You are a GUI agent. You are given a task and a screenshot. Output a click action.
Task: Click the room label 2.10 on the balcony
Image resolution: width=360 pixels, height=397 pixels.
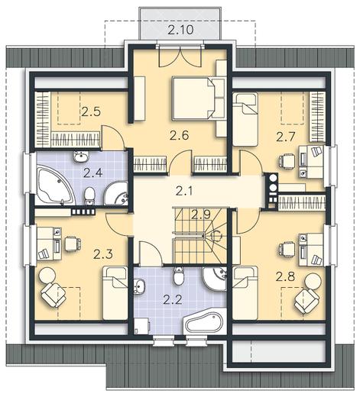point(180,30)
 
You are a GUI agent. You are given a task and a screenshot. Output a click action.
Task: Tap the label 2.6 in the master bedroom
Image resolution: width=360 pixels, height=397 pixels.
point(180,135)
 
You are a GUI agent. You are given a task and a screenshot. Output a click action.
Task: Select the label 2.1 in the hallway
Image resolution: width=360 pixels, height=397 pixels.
point(184,191)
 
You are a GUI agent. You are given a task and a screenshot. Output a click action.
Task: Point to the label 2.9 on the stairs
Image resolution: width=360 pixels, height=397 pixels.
point(201,215)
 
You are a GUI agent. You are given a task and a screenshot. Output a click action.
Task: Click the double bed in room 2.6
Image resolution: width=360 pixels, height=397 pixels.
point(193,98)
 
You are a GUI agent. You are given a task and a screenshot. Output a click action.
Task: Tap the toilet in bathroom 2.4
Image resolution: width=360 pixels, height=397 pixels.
point(89,195)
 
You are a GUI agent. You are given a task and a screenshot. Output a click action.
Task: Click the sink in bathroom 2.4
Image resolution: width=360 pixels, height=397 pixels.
point(81,157)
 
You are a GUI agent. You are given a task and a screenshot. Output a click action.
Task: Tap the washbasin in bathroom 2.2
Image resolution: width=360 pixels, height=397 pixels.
point(139,286)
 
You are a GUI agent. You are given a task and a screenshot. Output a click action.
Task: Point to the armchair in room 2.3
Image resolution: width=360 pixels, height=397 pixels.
point(54,295)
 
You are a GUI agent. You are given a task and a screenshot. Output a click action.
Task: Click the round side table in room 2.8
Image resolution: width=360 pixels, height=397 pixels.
point(313,280)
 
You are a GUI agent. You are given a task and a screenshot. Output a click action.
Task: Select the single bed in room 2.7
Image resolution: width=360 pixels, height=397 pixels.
point(245,119)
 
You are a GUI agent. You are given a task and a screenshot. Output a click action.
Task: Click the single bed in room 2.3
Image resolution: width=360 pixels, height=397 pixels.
point(115,293)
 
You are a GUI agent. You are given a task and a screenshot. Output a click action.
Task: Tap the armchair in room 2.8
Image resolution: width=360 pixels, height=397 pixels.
point(306,301)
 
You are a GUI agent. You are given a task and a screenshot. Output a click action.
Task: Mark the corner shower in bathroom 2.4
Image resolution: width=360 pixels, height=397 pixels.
point(117,194)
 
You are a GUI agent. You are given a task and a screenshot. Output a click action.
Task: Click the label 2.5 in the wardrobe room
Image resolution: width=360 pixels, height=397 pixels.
point(91,111)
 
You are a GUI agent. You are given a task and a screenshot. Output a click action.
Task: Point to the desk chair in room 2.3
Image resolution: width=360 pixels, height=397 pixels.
point(73,244)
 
